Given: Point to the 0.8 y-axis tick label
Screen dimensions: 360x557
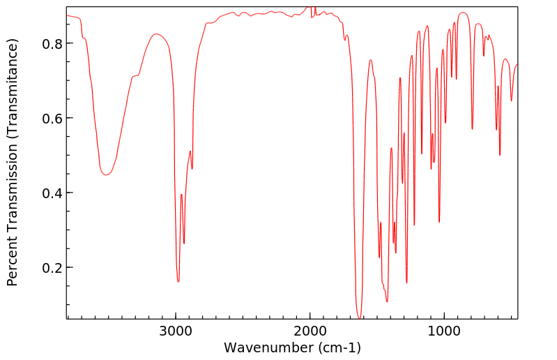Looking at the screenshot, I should tap(53, 43).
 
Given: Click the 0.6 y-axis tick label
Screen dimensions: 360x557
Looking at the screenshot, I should tap(53, 118).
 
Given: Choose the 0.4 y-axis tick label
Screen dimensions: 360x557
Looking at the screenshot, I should tap(53, 193).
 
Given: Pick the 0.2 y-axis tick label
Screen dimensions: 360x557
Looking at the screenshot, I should tap(53, 268).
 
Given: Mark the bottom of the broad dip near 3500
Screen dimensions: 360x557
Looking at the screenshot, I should tap(106, 174).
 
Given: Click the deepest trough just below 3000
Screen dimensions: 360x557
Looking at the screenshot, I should tap(178, 281).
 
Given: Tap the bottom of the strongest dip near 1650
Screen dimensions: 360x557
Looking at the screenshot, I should tap(359, 318).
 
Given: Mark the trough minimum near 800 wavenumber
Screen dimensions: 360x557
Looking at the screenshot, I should tap(472, 129).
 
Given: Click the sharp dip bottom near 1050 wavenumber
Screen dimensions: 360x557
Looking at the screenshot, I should tap(439, 222).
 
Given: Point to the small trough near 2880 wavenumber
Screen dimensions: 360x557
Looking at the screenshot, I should tap(192, 168).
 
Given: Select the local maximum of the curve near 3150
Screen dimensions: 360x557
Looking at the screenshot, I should tap(156, 33).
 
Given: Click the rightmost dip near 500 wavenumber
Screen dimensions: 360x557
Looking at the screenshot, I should tap(511, 100).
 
